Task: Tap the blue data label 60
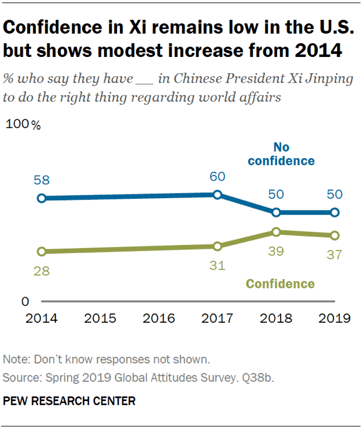tap(217, 177)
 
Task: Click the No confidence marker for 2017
tap(217, 195)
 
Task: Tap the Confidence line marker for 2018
tap(276, 232)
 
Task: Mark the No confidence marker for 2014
tap(41, 198)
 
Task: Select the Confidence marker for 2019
tap(334, 235)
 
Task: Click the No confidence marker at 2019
tap(334, 213)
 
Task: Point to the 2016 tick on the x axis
tap(158, 318)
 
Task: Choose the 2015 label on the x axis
tap(100, 318)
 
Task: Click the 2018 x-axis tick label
tap(276, 318)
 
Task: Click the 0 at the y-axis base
tap(25, 302)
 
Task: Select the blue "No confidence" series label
tap(281, 154)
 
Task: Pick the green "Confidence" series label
tap(280, 284)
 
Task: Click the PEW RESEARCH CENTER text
tap(69, 401)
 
